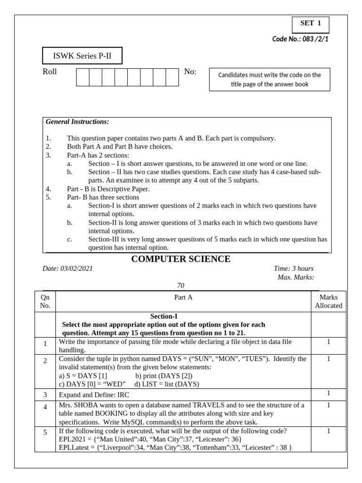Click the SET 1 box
pyautogui.click(x=310, y=24)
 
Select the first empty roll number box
pyautogui.click(x=82, y=77)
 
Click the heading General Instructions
pyautogui.click(x=77, y=122)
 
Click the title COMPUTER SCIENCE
pyautogui.click(x=181, y=259)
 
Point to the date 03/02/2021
pyautogui.click(x=76, y=268)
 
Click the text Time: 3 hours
pyautogui.click(x=293, y=268)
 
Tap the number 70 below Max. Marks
pyautogui.click(x=181, y=285)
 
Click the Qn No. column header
pyautogui.click(x=45, y=301)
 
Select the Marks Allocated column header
pyautogui.click(x=328, y=301)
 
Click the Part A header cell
pyautogui.click(x=183, y=298)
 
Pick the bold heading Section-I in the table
pyautogui.click(x=164, y=316)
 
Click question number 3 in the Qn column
pyautogui.click(x=45, y=394)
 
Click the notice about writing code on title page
pyautogui.click(x=270, y=79)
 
